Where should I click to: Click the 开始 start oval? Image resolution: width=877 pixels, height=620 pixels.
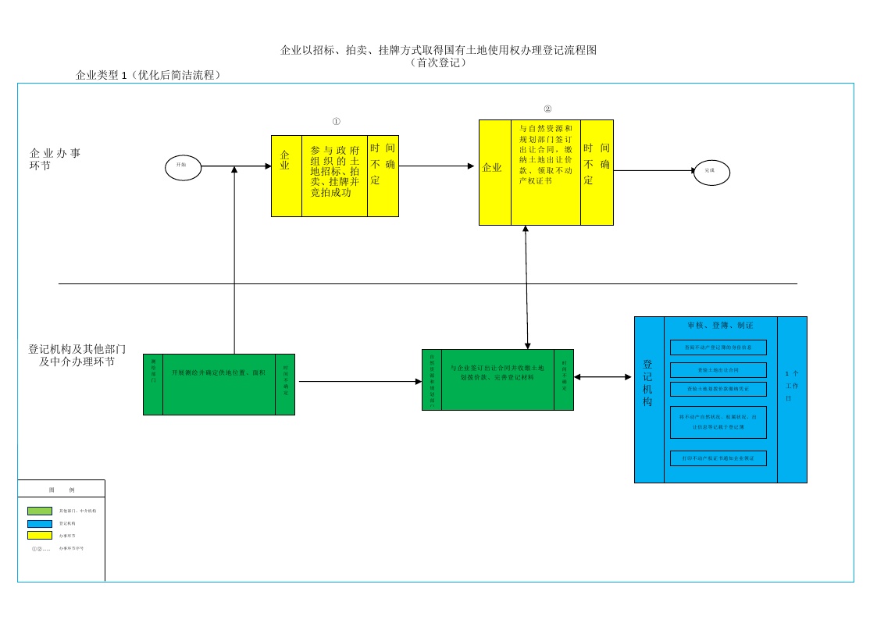point(183,166)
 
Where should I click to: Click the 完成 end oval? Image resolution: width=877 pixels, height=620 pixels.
point(711,171)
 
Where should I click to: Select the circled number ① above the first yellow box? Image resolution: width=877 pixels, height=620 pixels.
point(336,122)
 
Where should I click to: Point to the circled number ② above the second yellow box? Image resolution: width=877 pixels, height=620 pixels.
point(547,109)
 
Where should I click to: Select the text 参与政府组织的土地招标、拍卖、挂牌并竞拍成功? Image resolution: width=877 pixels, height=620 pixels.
point(334,170)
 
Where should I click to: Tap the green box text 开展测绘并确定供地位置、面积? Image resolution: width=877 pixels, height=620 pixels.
point(219,373)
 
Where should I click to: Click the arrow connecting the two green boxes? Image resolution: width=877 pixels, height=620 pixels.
point(359,382)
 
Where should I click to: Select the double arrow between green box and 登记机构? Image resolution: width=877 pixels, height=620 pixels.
point(603,377)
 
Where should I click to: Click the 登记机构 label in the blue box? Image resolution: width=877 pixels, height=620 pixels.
point(648,383)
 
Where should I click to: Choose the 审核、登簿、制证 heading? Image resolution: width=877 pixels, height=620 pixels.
point(720,325)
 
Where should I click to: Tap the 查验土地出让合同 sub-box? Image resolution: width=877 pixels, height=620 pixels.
point(718,369)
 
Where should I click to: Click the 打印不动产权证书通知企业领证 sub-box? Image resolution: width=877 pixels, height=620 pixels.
point(718,458)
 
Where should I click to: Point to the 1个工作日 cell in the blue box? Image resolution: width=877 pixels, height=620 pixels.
point(792,385)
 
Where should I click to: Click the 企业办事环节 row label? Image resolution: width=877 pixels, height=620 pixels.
point(55,159)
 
